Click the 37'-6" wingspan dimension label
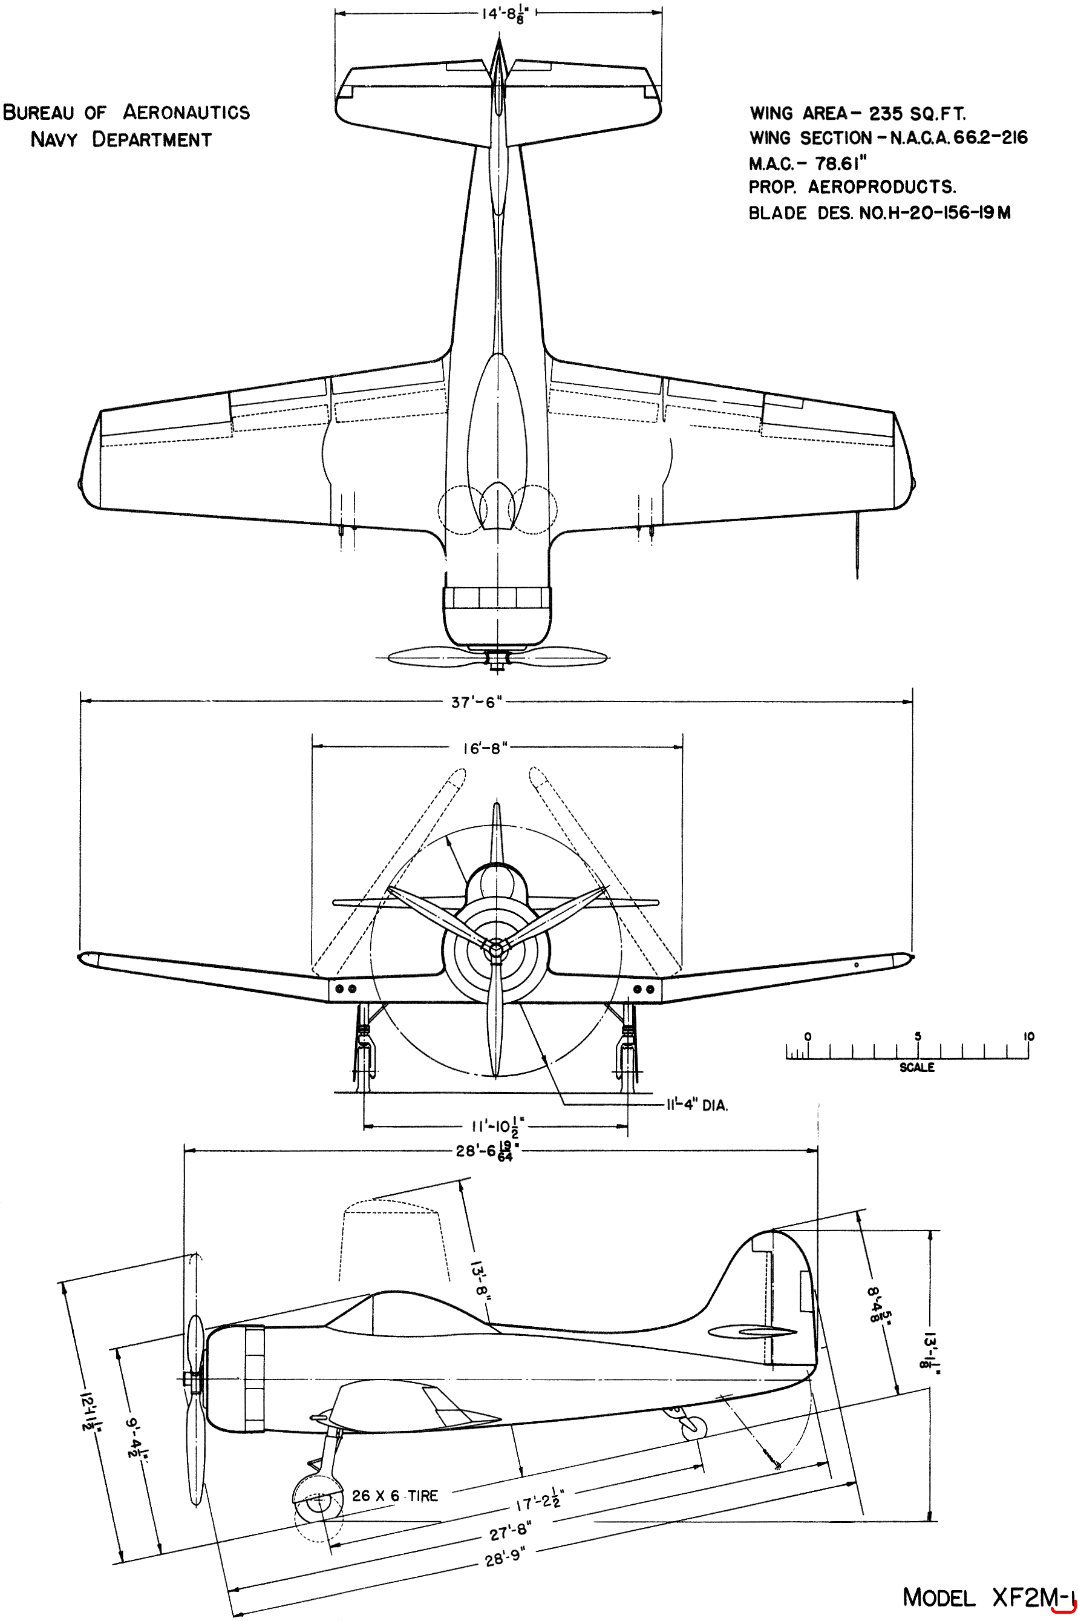[x=477, y=702]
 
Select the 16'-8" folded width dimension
[x=485, y=748]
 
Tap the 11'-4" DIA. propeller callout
[x=696, y=1105]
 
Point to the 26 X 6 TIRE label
[x=394, y=1496]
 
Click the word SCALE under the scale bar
[x=917, y=1067]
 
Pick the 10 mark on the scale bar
[x=1028, y=1036]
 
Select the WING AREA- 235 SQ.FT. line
[x=857, y=113]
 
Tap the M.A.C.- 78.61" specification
[x=808, y=163]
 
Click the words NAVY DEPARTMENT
[x=121, y=140]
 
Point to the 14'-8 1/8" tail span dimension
[x=505, y=15]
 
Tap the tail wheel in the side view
[x=694, y=1427]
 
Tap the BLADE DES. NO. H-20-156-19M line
[x=880, y=212]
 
